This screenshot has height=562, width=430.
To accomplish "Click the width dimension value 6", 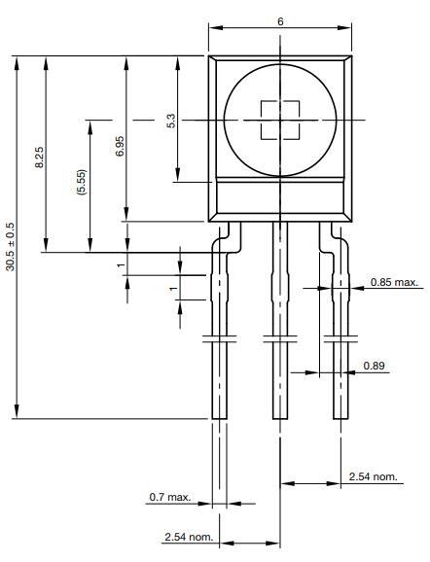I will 280,21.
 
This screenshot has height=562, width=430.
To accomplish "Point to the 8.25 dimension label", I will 39,157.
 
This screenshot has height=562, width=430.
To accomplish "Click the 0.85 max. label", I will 394,283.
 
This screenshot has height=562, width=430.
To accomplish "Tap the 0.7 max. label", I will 169,497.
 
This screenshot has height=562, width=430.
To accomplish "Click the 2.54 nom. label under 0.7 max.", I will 188,538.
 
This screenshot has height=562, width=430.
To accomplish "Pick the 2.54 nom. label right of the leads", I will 373,476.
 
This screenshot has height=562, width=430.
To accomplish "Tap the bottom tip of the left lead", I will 220,415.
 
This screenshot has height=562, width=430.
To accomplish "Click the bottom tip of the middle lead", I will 280,415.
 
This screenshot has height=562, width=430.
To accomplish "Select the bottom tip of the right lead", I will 340,415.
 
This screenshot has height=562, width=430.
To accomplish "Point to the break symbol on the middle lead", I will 280,339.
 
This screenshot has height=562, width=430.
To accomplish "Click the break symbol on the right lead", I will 340,339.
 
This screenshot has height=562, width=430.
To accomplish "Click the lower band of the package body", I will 280,200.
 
